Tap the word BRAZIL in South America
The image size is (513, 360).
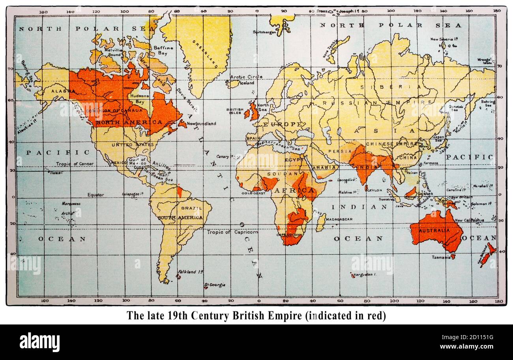pyautogui.click(x=192, y=208)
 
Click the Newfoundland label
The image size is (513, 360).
pyautogui.click(x=201, y=124)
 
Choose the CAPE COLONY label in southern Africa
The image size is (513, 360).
pyautogui.click(x=290, y=234)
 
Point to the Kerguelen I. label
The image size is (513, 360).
pyautogui.click(x=365, y=274)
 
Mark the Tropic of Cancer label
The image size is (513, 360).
pyautogui.click(x=75, y=163)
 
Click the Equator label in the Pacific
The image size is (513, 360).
pyautogui.click(x=95, y=195)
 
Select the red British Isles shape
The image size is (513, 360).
pyautogui.click(x=253, y=112)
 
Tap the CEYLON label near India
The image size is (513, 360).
pyautogui.click(x=374, y=190)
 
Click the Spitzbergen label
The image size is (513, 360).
pyautogui.click(x=264, y=32)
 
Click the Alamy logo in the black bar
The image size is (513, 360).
pyautogui.click(x=39, y=342)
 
